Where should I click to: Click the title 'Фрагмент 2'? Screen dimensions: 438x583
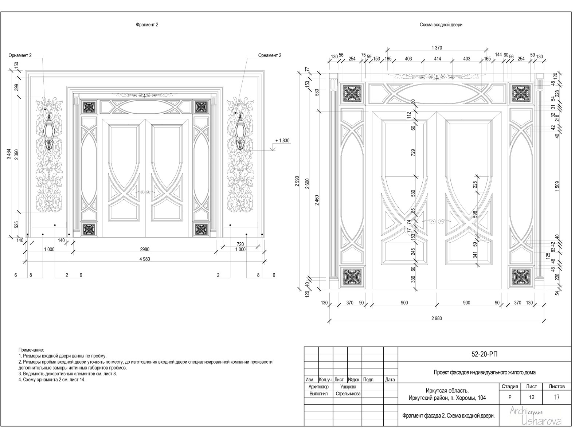147,25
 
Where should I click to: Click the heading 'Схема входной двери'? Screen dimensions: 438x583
441,25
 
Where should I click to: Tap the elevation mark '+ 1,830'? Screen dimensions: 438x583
282,141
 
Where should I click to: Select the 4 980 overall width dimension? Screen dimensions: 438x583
144,259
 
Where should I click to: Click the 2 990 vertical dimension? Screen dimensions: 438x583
297,181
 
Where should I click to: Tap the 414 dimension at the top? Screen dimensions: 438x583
437,59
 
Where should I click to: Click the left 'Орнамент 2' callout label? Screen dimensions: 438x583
20,55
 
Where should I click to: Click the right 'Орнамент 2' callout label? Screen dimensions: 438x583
270,55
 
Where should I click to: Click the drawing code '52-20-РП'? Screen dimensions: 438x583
484,354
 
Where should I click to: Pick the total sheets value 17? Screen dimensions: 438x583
557,398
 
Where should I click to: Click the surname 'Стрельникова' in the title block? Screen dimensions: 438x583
348,394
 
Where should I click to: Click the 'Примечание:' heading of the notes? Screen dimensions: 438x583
31,350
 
